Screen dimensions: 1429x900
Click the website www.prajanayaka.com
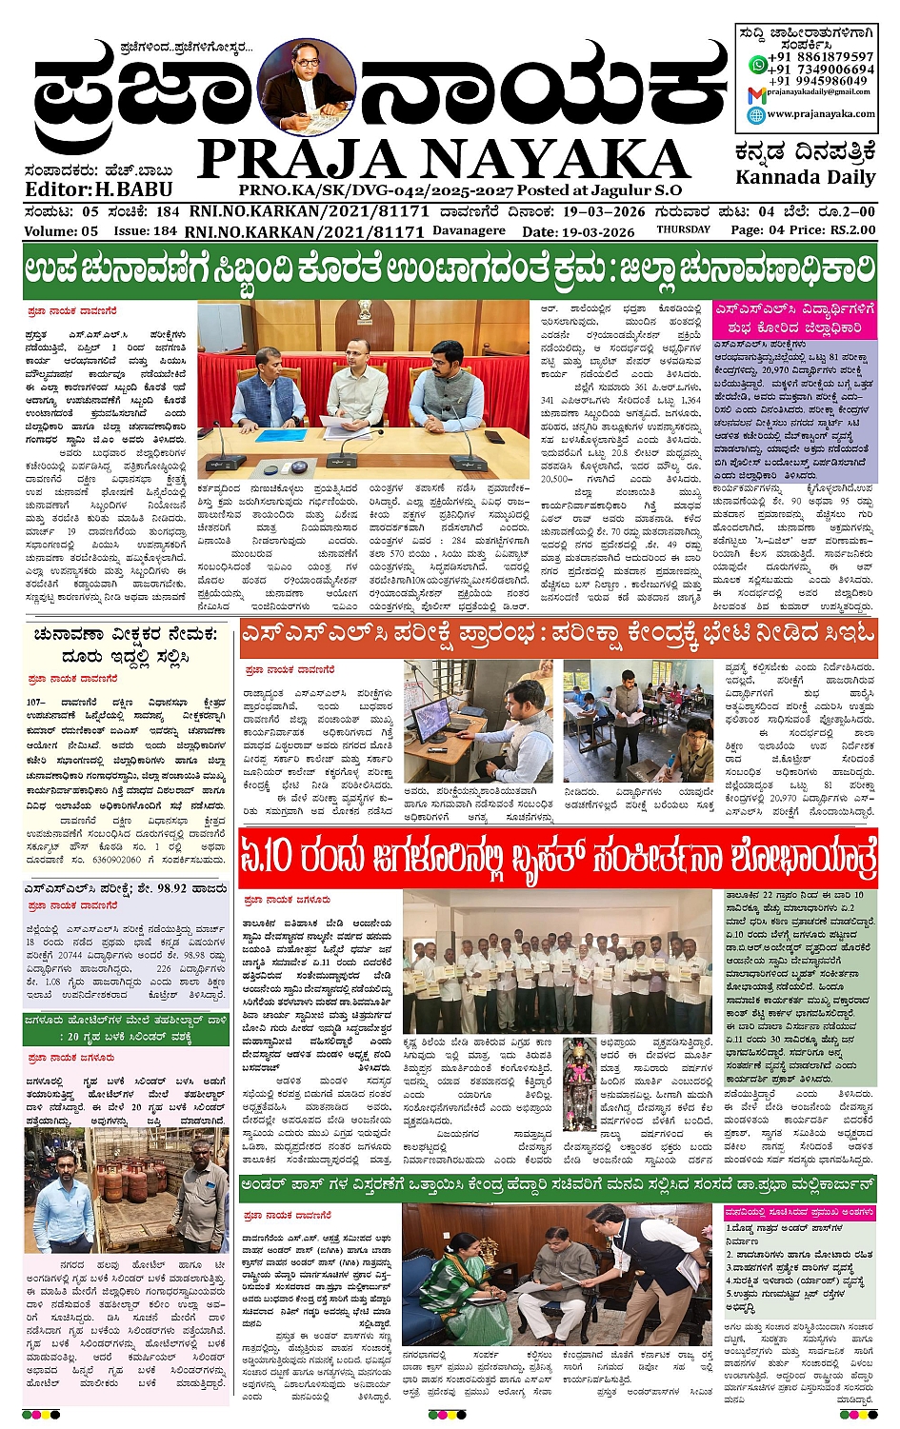(820, 114)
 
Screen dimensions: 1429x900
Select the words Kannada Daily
(805, 177)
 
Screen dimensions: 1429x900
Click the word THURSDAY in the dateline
(683, 229)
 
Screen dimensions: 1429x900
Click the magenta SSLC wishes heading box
(794, 319)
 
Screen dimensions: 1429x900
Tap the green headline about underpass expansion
(558, 1186)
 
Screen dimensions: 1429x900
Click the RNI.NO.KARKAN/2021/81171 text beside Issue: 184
(304, 230)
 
